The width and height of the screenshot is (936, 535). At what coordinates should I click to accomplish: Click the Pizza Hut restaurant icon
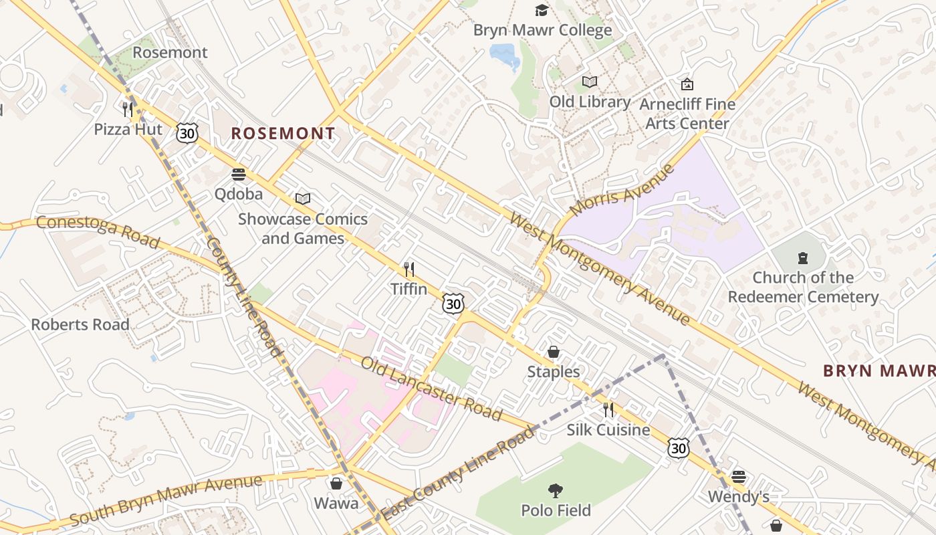pyautogui.click(x=127, y=109)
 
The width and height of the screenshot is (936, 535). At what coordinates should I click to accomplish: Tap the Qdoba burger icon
pyautogui.click(x=239, y=175)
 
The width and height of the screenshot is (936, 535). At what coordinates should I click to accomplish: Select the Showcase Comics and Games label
pyautogui.click(x=303, y=228)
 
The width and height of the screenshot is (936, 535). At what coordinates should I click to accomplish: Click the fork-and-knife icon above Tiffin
pyautogui.click(x=409, y=270)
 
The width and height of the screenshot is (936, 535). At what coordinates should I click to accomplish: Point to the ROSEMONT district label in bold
pyautogui.click(x=283, y=133)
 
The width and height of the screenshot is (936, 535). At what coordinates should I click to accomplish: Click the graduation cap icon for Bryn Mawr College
pyautogui.click(x=542, y=10)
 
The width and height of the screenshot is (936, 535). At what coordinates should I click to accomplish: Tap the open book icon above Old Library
pyautogui.click(x=589, y=82)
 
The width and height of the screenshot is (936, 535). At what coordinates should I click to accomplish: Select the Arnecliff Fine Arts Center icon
pyautogui.click(x=687, y=84)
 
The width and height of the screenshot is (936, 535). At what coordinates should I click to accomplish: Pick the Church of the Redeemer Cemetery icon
pyautogui.click(x=802, y=257)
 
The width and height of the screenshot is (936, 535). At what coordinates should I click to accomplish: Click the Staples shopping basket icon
pyautogui.click(x=554, y=352)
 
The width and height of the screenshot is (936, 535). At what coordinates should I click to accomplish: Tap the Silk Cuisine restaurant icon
pyautogui.click(x=608, y=409)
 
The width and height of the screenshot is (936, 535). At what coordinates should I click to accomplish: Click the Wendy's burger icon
pyautogui.click(x=738, y=477)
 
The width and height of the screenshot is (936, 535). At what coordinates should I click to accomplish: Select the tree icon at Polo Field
pyautogui.click(x=555, y=492)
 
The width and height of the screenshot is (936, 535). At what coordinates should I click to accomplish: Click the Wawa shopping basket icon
pyautogui.click(x=336, y=483)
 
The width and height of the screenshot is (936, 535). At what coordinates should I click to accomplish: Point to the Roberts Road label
pyautogui.click(x=80, y=324)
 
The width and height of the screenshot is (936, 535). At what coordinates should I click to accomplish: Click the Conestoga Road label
pyautogui.click(x=98, y=231)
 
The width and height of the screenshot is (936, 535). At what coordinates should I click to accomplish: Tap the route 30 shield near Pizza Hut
pyautogui.click(x=187, y=132)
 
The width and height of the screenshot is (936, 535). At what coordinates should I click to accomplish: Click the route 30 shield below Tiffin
pyautogui.click(x=453, y=304)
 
